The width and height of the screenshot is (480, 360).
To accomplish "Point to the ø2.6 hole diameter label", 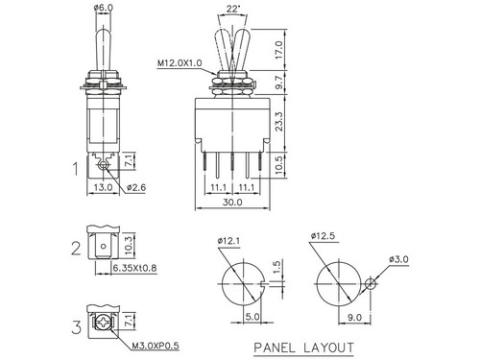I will [137, 189].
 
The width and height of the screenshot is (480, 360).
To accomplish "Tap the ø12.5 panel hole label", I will [324, 235].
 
